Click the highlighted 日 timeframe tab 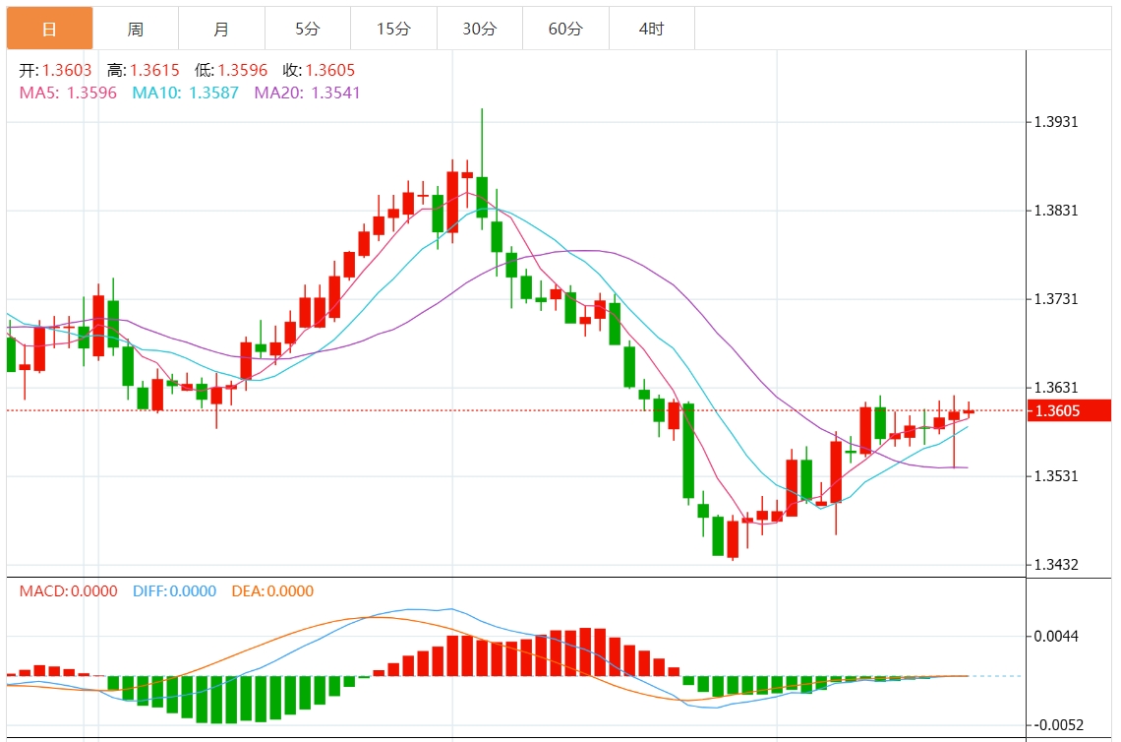coord(49,30)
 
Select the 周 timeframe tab coord(136,30)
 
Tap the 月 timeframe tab coord(221,30)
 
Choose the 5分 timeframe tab coord(308,30)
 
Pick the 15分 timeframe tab coord(393,30)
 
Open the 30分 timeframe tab coord(480,30)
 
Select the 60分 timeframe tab coord(565,30)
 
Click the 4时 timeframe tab coord(651,30)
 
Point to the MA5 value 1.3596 coord(91,93)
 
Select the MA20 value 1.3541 coord(335,93)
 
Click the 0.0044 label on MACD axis coord(1058,636)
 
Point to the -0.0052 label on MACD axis coord(1058,725)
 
